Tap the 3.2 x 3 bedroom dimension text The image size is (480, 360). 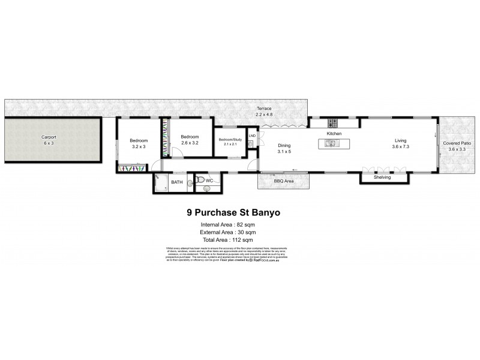click(139, 146)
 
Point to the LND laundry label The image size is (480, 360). click(252, 136)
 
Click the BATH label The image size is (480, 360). click(176, 182)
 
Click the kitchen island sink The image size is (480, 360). click(329, 143)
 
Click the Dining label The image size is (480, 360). click(284, 146)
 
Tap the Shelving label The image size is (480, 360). click(382, 178)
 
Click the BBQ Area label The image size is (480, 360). click(283, 180)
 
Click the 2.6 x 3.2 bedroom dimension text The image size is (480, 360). click(190, 142)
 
